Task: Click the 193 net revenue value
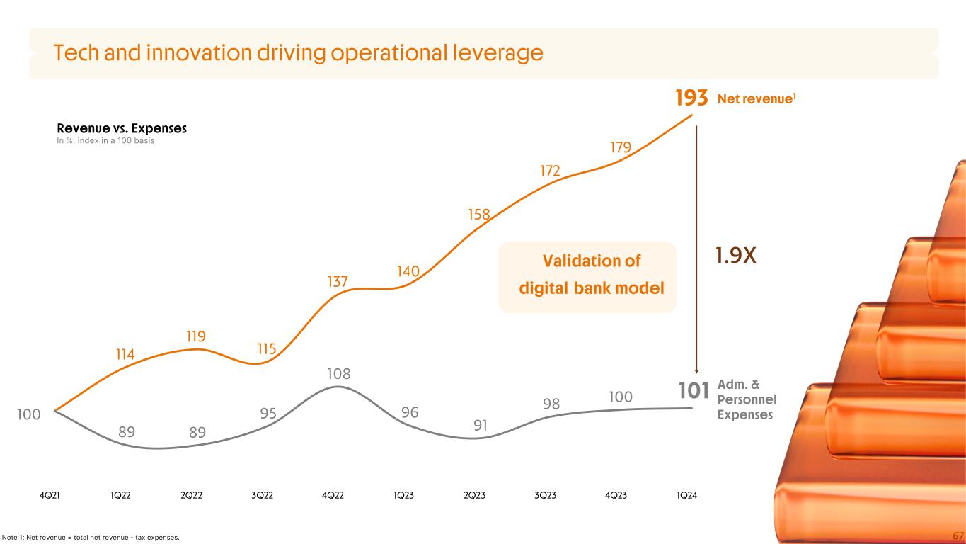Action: click(691, 99)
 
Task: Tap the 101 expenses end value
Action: click(693, 390)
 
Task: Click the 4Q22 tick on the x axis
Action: click(333, 496)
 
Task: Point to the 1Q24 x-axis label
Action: click(686, 496)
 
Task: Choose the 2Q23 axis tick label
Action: click(474, 496)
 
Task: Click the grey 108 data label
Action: click(338, 373)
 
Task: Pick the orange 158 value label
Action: click(479, 213)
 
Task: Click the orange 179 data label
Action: click(621, 147)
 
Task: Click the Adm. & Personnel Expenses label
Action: click(747, 400)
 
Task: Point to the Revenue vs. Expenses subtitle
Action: click(122, 129)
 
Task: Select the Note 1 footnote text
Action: click(91, 538)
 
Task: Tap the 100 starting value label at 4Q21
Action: click(28, 414)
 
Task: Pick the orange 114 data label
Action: click(125, 354)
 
